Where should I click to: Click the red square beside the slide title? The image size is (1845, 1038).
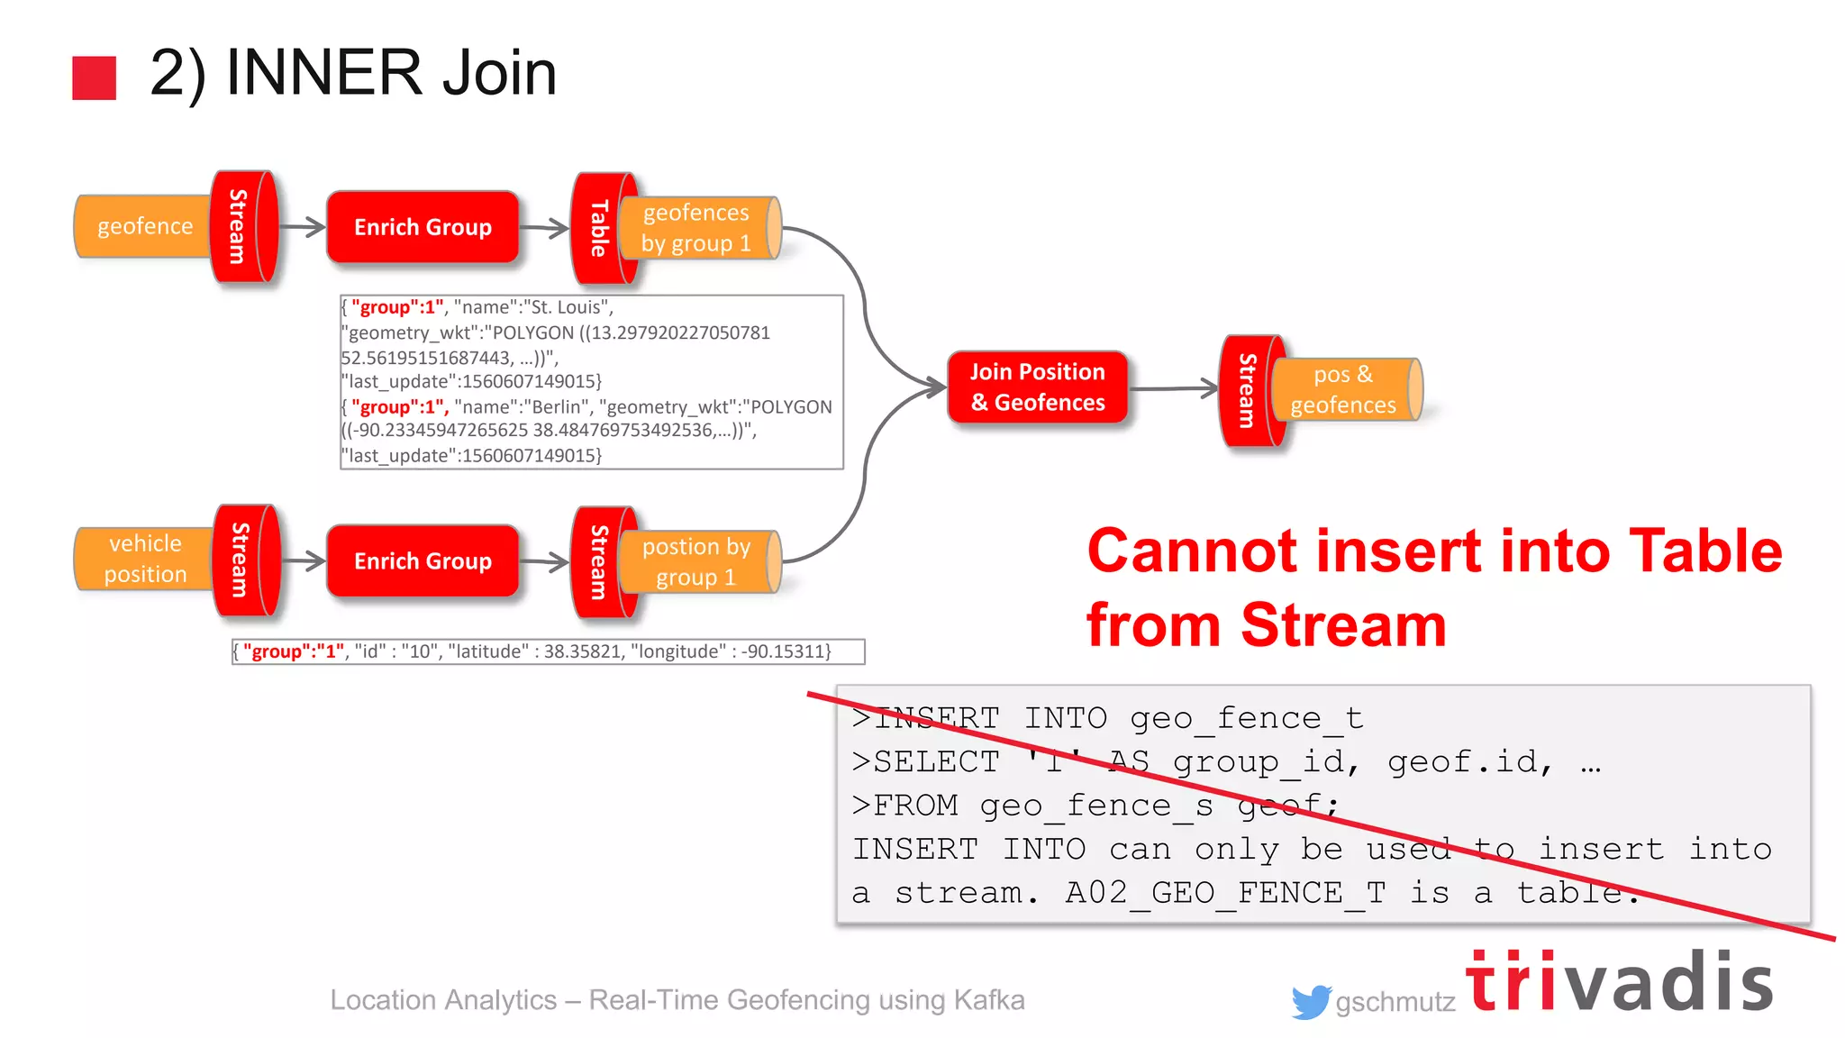[x=95, y=77]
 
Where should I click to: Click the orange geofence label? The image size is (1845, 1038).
[x=144, y=226]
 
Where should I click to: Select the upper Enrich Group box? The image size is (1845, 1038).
[x=423, y=227]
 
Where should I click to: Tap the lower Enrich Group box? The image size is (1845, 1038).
[x=423, y=561]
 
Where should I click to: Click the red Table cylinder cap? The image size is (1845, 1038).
[x=596, y=229]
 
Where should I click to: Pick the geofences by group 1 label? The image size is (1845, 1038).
[x=695, y=228]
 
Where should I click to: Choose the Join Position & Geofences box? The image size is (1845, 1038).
[x=1037, y=387]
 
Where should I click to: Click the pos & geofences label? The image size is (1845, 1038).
[x=1342, y=389]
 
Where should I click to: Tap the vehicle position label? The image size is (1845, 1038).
[x=145, y=559]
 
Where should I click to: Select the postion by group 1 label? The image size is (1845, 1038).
[x=695, y=562]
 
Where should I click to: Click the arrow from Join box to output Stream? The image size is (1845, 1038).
[x=1172, y=389]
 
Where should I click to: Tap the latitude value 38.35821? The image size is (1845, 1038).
[x=582, y=651]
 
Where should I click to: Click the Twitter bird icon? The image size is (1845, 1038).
[x=1310, y=1001]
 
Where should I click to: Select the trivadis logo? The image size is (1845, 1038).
[x=1619, y=981]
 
